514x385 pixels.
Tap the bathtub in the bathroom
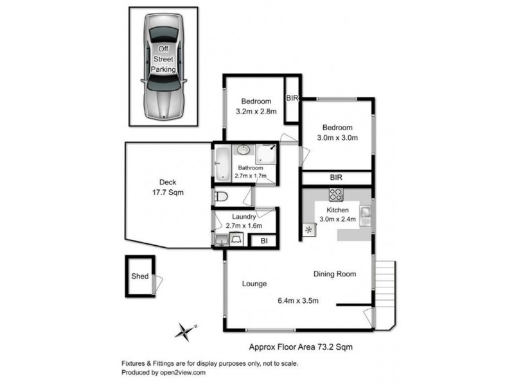tap(221, 164)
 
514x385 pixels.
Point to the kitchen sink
tap(365, 213)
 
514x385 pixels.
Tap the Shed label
tap(140, 277)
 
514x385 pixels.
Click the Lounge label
tap(254, 284)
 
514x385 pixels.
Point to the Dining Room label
tap(334, 274)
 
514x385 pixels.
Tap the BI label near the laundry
tap(263, 241)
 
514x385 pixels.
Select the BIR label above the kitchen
tap(335, 177)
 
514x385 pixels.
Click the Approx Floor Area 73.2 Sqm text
tap(301, 346)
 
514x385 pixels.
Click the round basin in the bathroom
tap(244, 150)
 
